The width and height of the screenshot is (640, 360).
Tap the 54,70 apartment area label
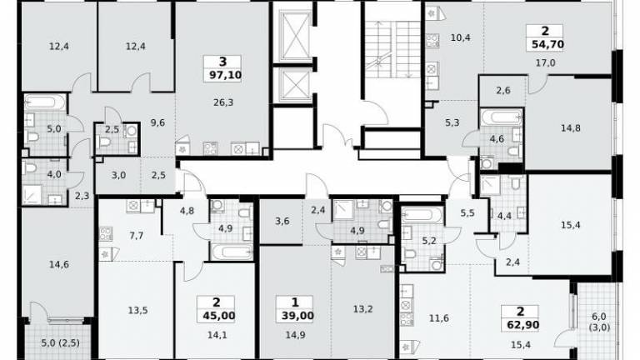(x=547, y=44)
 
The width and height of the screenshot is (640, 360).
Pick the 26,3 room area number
(x=223, y=102)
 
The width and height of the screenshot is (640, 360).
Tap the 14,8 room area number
(x=570, y=128)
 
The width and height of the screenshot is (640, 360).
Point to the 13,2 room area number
(x=362, y=309)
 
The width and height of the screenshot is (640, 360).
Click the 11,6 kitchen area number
(x=439, y=317)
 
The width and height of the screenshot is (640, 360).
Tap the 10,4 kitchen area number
(x=460, y=37)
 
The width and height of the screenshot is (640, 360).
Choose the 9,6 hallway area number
(x=157, y=122)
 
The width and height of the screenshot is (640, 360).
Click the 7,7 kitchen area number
(x=137, y=236)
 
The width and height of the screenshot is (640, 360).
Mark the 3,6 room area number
(x=282, y=221)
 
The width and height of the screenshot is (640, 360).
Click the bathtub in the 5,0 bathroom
(x=45, y=102)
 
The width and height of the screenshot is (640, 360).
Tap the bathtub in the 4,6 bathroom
(x=501, y=117)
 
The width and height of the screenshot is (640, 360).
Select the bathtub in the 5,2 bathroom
(x=422, y=214)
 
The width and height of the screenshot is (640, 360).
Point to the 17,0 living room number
(x=545, y=62)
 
